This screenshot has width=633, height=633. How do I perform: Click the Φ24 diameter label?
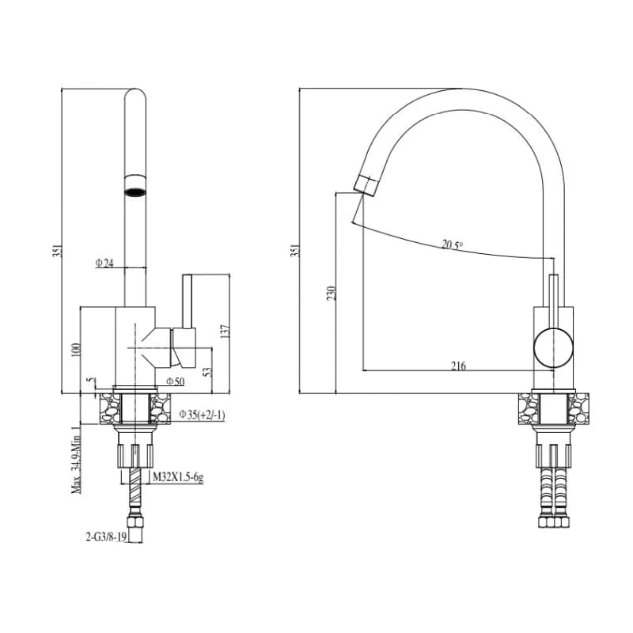click(x=104, y=263)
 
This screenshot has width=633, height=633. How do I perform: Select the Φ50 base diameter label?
click(x=176, y=381)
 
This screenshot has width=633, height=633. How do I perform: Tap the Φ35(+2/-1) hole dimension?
click(x=202, y=415)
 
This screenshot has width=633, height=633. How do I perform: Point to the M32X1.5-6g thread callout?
click(x=177, y=478)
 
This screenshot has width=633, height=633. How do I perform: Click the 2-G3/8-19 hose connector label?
click(x=106, y=537)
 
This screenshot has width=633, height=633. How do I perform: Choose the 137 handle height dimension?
click(x=226, y=331)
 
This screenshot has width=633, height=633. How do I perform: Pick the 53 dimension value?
click(x=207, y=371)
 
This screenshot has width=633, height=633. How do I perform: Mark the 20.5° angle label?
click(x=452, y=245)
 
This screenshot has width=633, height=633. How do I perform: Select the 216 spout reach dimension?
click(x=458, y=366)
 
